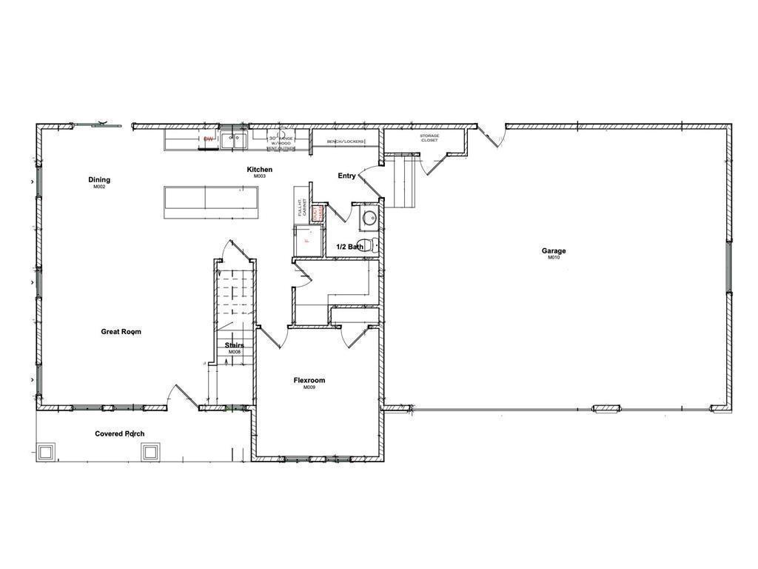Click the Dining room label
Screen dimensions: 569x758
tap(99, 180)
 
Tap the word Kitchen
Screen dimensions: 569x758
tap(259, 170)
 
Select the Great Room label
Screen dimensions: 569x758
tap(121, 332)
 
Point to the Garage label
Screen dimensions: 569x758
tap(553, 251)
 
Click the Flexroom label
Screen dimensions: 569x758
tap(309, 381)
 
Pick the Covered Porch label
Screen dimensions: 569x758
tap(119, 434)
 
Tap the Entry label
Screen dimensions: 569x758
tap(346, 176)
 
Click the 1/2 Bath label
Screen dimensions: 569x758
tap(349, 247)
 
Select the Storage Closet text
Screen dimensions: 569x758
tap(429, 138)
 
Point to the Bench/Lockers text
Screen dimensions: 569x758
tap(346, 141)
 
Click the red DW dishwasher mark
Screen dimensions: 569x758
tap(209, 139)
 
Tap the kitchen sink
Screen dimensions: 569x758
tap(235, 139)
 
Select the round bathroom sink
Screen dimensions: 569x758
tap(369, 218)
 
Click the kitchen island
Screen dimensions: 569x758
tap(211, 202)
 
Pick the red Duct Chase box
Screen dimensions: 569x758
tap(317, 213)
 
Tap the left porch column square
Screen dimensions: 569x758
tap(46, 451)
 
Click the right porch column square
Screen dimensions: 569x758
tap(151, 451)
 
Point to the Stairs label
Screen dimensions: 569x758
tap(234, 346)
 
